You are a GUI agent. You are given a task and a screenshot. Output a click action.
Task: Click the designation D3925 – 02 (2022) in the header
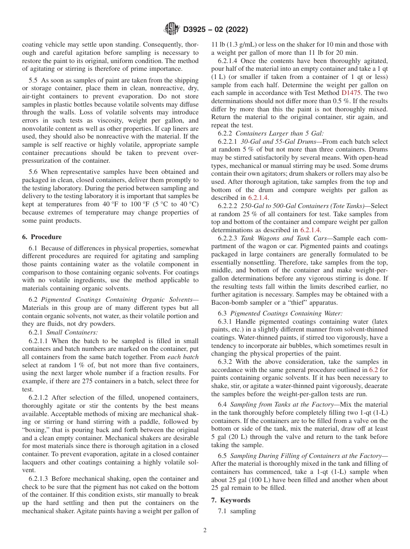coord(215,30)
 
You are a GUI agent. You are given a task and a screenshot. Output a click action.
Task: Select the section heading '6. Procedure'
coord(42,237)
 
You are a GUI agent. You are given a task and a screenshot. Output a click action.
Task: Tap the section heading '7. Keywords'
coord(235,500)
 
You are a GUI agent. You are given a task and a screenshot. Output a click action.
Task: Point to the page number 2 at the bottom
coord(205,530)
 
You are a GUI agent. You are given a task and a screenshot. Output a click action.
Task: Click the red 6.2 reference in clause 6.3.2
coord(374,370)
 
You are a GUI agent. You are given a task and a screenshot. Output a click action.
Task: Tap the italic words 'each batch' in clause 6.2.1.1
coord(183,357)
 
